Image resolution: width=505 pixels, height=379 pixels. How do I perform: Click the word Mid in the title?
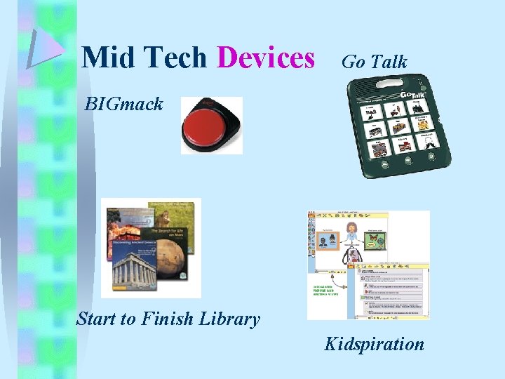pyautogui.click(x=106, y=58)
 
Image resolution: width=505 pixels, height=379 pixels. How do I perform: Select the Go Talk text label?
pyautogui.click(x=374, y=62)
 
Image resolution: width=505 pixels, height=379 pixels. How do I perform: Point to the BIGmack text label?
pyautogui.click(x=123, y=105)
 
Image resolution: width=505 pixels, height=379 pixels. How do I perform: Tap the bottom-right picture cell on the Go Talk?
pyautogui.click(x=426, y=144)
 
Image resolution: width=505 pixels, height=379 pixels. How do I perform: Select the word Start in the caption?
pyautogui.click(x=97, y=319)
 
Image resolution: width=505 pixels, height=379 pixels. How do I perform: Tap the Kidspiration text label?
pyautogui.click(x=374, y=344)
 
